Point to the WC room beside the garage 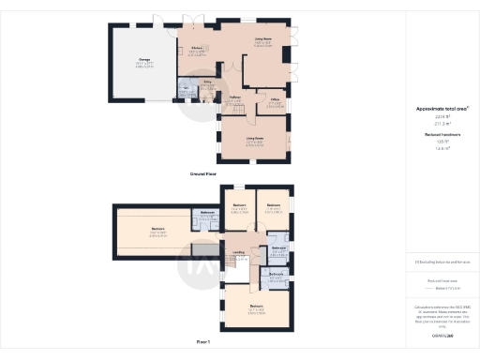pos(186,91)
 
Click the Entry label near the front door pos(210,83)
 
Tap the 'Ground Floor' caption pos(205,173)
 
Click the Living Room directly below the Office pos(255,141)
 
